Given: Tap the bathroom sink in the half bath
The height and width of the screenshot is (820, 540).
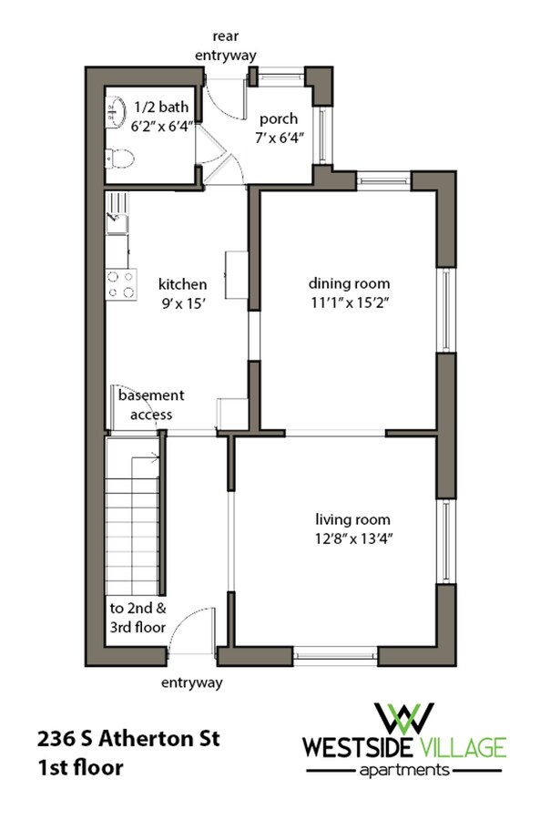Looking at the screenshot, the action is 116,111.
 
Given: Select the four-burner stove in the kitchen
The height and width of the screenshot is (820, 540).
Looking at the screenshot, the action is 121,284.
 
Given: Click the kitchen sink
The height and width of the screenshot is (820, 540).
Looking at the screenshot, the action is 117,213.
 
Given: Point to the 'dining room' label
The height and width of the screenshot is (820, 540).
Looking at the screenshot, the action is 349,283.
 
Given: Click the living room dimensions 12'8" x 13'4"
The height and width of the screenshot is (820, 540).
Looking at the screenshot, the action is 353,538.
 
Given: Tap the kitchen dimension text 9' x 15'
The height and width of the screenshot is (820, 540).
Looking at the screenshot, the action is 182,303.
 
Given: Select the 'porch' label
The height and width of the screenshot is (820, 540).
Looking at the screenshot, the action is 279,119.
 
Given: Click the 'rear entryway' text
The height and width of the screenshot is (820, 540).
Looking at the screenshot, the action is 226,46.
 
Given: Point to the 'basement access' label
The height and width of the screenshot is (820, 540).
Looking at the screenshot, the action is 151,405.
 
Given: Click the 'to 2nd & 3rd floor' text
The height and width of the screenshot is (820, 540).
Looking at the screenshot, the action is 138,618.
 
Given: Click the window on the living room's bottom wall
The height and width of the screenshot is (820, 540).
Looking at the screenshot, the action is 335,656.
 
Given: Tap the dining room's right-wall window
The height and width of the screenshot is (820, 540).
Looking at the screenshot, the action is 446,310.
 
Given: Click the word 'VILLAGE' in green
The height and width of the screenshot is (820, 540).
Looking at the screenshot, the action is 461,747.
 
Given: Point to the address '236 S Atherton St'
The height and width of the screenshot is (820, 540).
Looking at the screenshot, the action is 128,739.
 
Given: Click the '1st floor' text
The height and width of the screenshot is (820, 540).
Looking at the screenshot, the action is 80,768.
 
